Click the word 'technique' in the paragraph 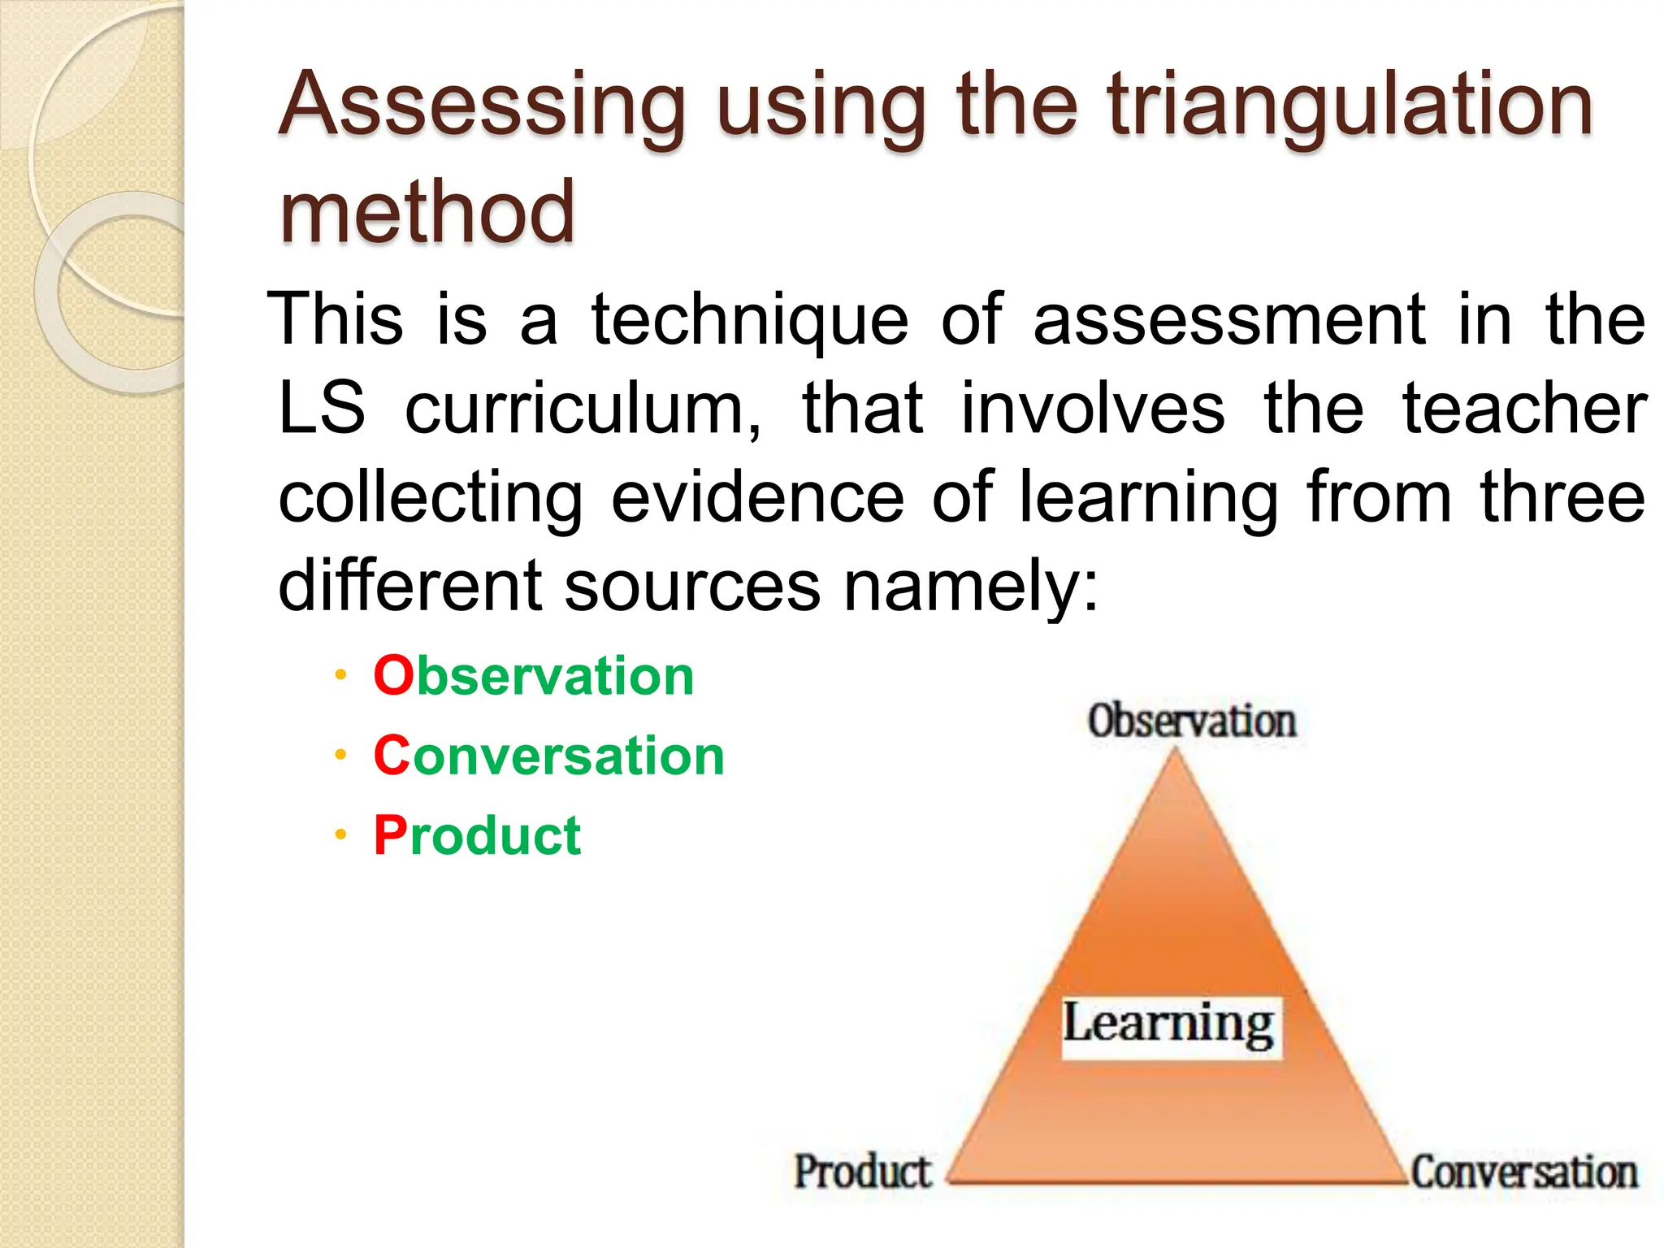[749, 320]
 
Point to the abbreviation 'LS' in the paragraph [321, 408]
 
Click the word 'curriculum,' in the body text [583, 409]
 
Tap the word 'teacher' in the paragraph [1524, 408]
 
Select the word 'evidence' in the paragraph [757, 497]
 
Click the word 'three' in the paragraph [1562, 497]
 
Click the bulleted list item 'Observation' [534, 676]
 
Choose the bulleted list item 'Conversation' [548, 756]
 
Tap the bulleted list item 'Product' [478, 835]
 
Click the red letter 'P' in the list [390, 835]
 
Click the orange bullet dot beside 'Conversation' [340, 756]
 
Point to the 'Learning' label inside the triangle [1170, 1025]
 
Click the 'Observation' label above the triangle [1191, 721]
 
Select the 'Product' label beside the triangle [862, 1172]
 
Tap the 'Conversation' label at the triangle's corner [1523, 1172]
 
